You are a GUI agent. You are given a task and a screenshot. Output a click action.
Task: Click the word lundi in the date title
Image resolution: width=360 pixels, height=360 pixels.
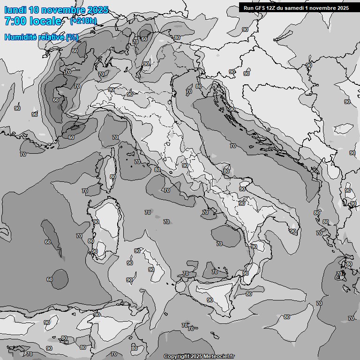(x=15, y=10)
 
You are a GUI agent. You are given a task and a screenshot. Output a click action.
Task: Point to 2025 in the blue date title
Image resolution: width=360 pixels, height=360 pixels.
(x=97, y=10)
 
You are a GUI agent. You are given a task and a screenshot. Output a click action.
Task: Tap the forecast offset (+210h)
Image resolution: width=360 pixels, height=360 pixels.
(x=83, y=21)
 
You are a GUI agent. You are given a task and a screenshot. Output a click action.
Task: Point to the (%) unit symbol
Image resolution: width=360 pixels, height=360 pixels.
(x=72, y=37)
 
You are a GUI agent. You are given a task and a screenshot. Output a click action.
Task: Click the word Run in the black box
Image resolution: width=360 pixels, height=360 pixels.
(x=248, y=7)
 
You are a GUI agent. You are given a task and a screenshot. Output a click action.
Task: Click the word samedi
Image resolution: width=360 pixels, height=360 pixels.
(x=295, y=7)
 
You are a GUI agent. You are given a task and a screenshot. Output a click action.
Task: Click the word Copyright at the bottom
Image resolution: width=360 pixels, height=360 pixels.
(x=176, y=356)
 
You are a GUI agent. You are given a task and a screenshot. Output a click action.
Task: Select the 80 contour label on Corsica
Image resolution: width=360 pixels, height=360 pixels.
(x=112, y=177)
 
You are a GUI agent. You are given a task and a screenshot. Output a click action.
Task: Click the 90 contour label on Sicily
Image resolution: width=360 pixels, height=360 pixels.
(x=210, y=300)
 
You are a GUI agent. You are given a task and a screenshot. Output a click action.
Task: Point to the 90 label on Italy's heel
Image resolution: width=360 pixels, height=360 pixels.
(x=293, y=231)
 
